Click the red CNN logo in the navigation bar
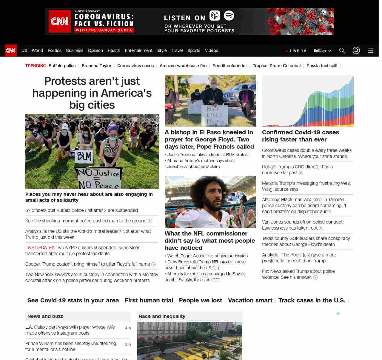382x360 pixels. pyautogui.click(x=11, y=50)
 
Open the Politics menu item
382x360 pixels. pyautogui.click(x=54, y=50)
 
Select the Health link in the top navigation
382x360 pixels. pyautogui.click(x=114, y=50)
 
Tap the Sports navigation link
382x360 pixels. pyautogui.click(x=194, y=50)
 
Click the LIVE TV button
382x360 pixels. pyautogui.click(x=296, y=51)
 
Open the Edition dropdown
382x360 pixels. pyautogui.click(x=322, y=50)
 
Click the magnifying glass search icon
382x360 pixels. pyautogui.click(x=342, y=50)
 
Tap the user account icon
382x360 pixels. pyautogui.click(x=356, y=50)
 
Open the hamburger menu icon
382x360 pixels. pyautogui.click(x=371, y=50)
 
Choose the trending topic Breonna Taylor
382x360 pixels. pyautogui.click(x=96, y=66)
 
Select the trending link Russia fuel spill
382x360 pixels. pyautogui.click(x=322, y=66)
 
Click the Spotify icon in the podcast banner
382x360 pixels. pyautogui.click(x=229, y=16)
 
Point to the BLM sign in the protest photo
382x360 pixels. pyautogui.click(x=84, y=156)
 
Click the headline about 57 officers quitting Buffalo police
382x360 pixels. pyautogui.click(x=81, y=210)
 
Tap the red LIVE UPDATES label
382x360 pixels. pyautogui.click(x=40, y=248)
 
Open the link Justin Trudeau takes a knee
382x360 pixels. pyautogui.click(x=208, y=155)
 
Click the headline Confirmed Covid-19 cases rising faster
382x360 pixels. pyautogui.click(x=301, y=136)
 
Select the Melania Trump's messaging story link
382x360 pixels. pyautogui.click(x=306, y=186)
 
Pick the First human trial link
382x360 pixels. pyautogui.click(x=149, y=300)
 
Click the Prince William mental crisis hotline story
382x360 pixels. pyautogui.click(x=70, y=346)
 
